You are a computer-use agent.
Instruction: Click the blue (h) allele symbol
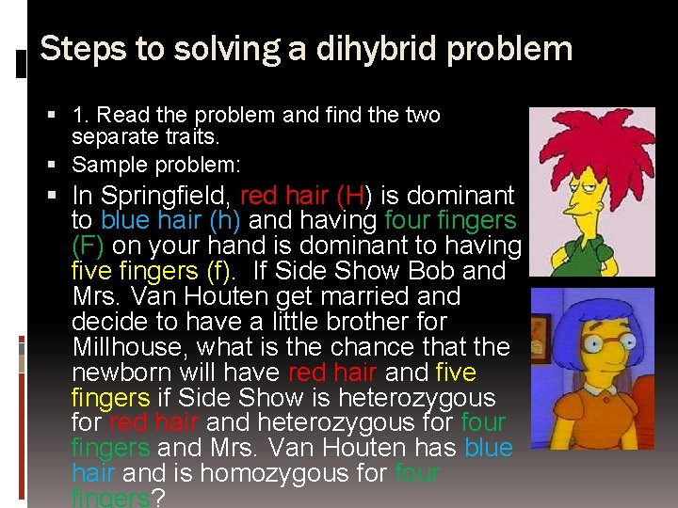[216, 221]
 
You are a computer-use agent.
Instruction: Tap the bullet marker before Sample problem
[58, 165]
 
